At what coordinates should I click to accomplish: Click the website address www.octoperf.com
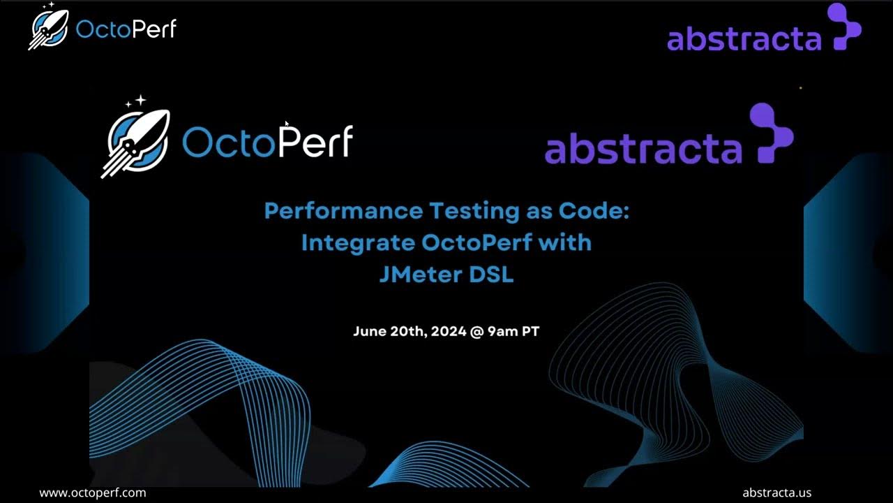93,493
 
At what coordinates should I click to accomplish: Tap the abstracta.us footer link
776,493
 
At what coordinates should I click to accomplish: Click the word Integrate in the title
358,242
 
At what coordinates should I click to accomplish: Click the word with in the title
570,242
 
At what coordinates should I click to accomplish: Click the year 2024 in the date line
449,331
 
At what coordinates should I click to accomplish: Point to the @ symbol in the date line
477,331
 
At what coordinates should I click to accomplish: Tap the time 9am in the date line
502,331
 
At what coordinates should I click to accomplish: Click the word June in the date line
368,331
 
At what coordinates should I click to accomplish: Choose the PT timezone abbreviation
530,331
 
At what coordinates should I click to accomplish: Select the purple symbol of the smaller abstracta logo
843,27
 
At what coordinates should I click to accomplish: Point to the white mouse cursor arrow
287,124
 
